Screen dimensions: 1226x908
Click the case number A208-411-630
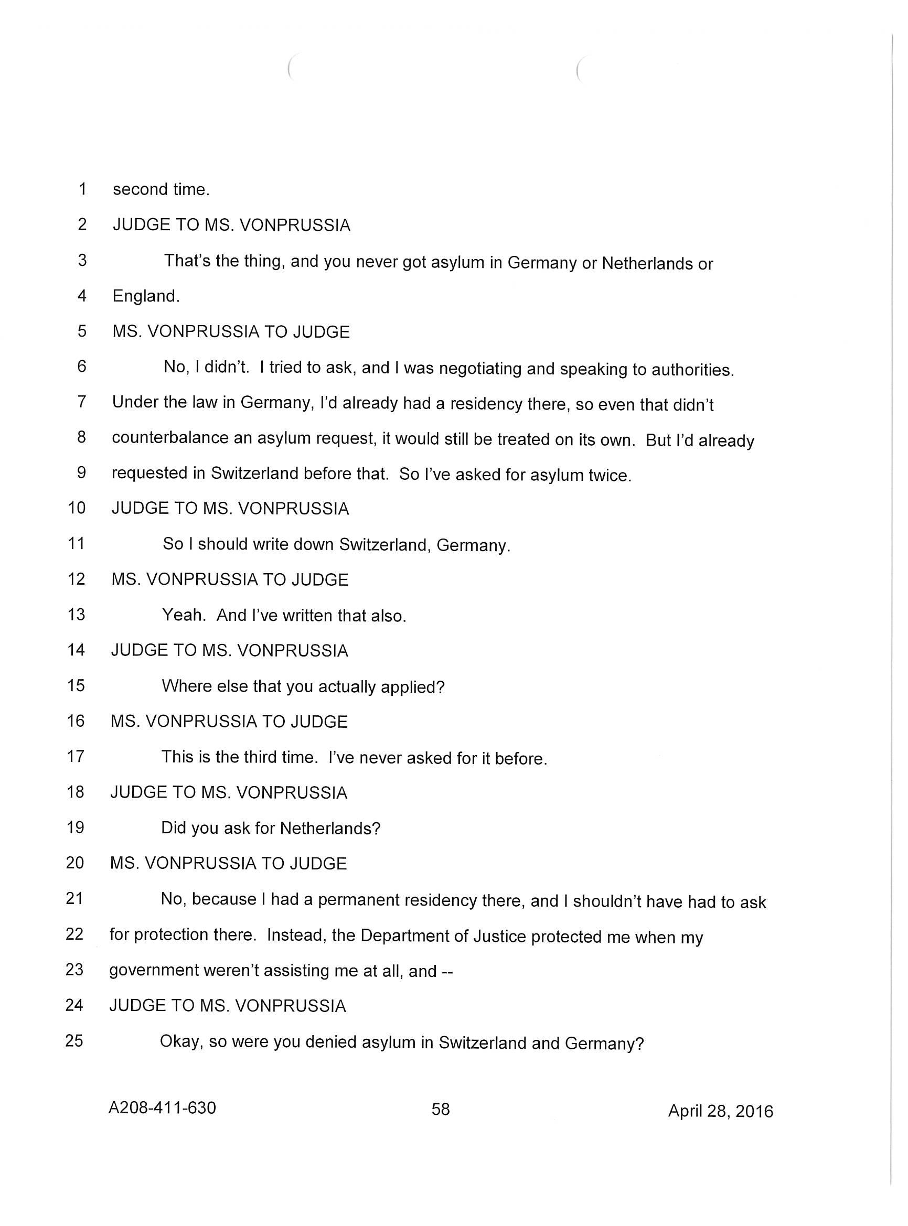pos(162,1107)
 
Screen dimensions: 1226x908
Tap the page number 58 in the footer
pos(440,1109)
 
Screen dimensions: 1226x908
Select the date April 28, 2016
pos(720,1111)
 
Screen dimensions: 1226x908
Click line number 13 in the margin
pos(77,615)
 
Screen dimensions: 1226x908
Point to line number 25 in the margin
pos(74,1040)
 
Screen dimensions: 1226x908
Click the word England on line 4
pos(146,297)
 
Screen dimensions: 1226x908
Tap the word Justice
pos(497,936)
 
